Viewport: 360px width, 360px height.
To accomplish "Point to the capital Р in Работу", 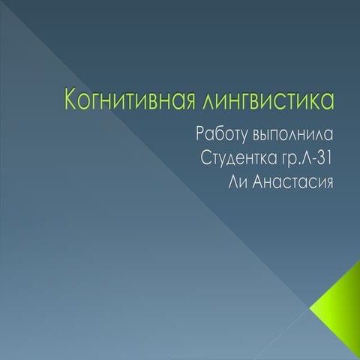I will (x=199, y=136).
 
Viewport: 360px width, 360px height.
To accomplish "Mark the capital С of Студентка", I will (x=207, y=160).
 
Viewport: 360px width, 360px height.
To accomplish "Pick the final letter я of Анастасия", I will (x=327, y=184).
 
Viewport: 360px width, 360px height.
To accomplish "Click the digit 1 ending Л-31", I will (x=328, y=160).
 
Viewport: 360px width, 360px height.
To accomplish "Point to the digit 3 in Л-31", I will (x=319, y=160).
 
